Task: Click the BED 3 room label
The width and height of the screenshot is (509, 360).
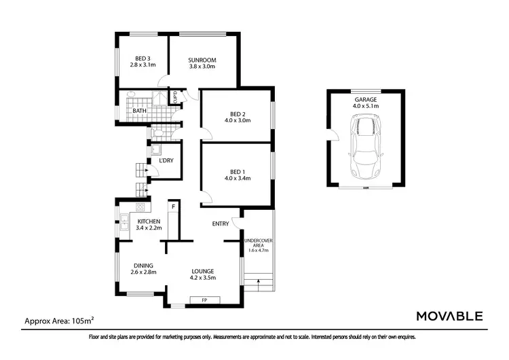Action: point(143,58)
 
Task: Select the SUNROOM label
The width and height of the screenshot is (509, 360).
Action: point(202,59)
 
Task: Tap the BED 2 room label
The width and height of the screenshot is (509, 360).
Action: point(237,113)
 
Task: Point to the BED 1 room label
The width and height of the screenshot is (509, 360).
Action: point(237,171)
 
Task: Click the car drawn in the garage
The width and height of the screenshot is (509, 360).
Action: point(364,145)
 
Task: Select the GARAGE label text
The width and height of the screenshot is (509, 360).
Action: point(364,99)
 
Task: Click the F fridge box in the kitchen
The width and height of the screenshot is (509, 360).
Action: point(173,206)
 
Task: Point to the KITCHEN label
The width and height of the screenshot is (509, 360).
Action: point(149,222)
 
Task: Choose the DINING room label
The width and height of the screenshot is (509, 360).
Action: point(143,265)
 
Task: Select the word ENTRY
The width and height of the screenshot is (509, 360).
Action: point(221,223)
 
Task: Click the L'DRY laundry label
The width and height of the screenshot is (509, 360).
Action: point(166,160)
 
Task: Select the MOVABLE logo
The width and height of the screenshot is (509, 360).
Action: point(449,316)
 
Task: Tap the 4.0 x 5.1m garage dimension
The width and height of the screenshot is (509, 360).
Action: point(364,106)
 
